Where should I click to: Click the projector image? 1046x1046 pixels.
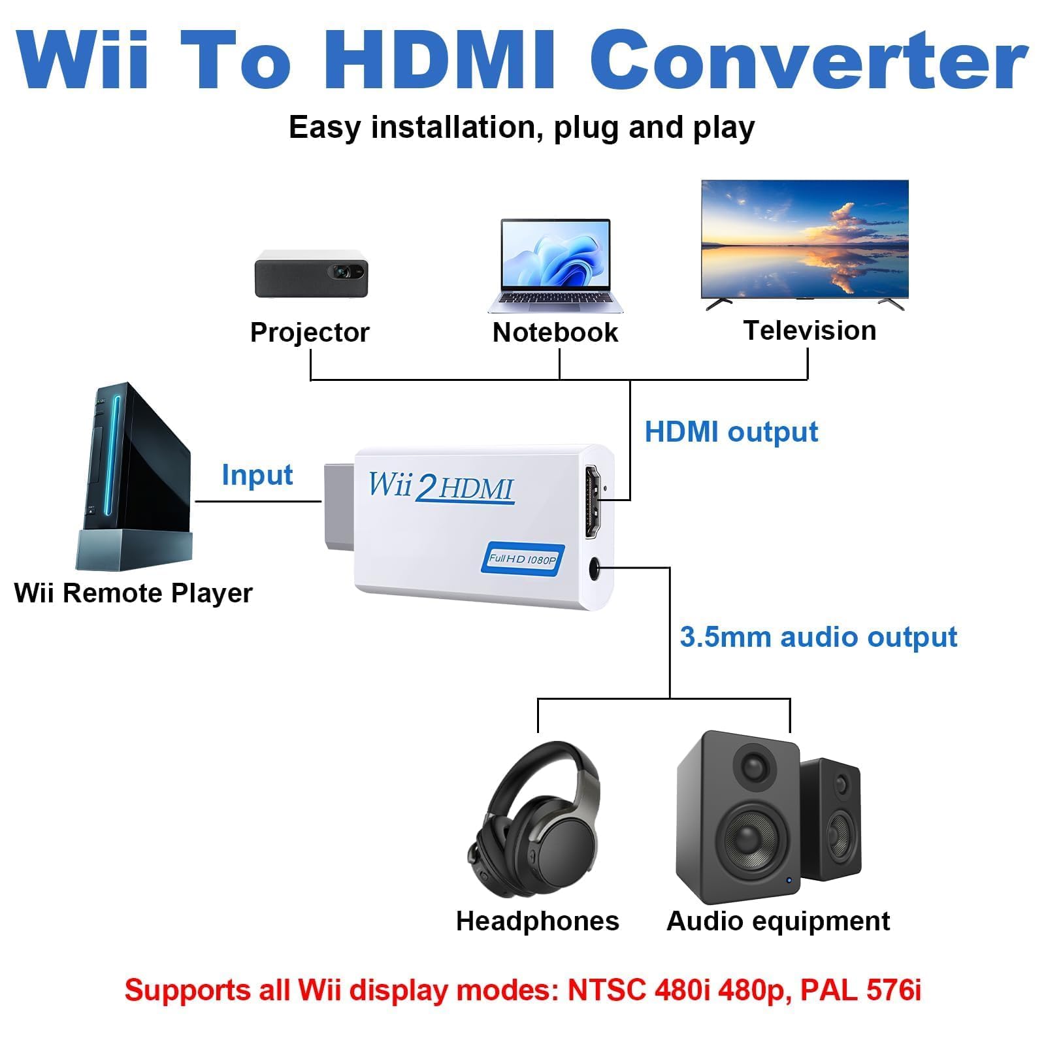pos(311,273)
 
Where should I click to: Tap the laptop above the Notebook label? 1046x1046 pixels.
pos(555,265)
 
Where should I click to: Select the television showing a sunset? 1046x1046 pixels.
pos(805,240)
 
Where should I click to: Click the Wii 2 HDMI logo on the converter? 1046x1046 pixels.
pos(441,487)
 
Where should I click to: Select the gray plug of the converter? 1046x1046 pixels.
pos(339,506)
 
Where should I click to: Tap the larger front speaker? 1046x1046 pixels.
pos(738,817)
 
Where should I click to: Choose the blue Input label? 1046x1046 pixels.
pos(257,475)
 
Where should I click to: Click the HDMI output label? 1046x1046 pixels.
pos(731,432)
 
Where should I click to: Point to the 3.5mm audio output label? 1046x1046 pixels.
pos(818,637)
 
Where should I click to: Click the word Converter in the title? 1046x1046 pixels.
pos(809,60)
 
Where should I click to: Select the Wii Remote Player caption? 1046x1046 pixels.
pos(133,593)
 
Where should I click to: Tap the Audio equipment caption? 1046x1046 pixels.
pos(777,921)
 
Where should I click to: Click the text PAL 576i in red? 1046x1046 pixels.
pos(860,990)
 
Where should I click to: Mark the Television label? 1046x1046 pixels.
pos(809,331)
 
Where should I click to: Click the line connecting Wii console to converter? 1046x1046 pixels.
pos(258,502)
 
